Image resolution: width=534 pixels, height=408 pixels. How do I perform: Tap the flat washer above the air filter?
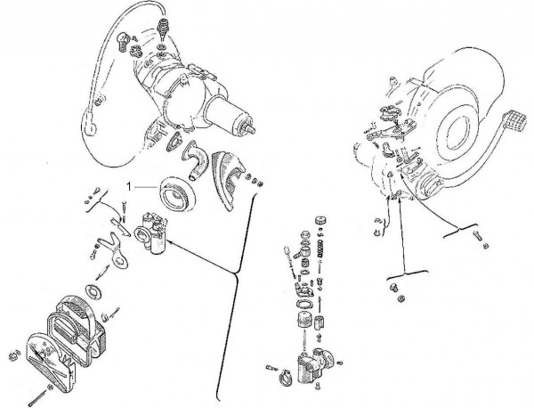click(x=93, y=290)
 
